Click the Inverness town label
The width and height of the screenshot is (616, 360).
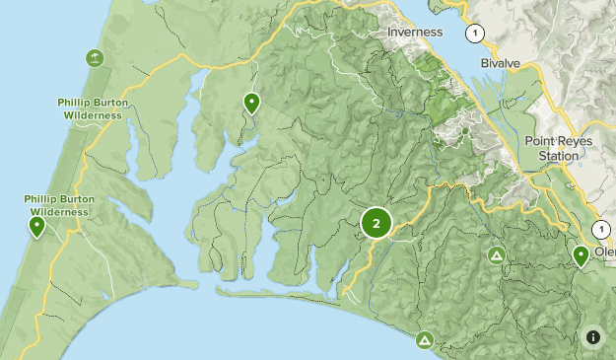pyautogui.click(x=422, y=32)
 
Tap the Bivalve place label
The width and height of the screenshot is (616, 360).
pyautogui.click(x=501, y=63)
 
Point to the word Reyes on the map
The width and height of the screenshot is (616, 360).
pyautogui.click(x=576, y=141)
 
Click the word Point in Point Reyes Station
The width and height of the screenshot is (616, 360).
pyautogui.click(x=540, y=141)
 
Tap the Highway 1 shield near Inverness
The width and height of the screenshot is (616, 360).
pyautogui.click(x=477, y=34)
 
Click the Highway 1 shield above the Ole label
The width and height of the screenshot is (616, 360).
pyautogui.click(x=600, y=229)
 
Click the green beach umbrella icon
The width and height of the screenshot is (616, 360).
pyautogui.click(x=95, y=57)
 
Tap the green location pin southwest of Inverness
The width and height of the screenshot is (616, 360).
pyautogui.click(x=251, y=102)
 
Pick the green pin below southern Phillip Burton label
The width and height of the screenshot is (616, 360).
pyautogui.click(x=36, y=227)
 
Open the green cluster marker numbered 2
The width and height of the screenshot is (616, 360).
pyautogui.click(x=376, y=223)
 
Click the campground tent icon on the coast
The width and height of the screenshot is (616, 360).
pyautogui.click(x=424, y=340)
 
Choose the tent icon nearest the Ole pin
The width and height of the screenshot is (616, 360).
pyautogui.click(x=498, y=256)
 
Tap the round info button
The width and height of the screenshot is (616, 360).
pyautogui.click(x=593, y=337)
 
